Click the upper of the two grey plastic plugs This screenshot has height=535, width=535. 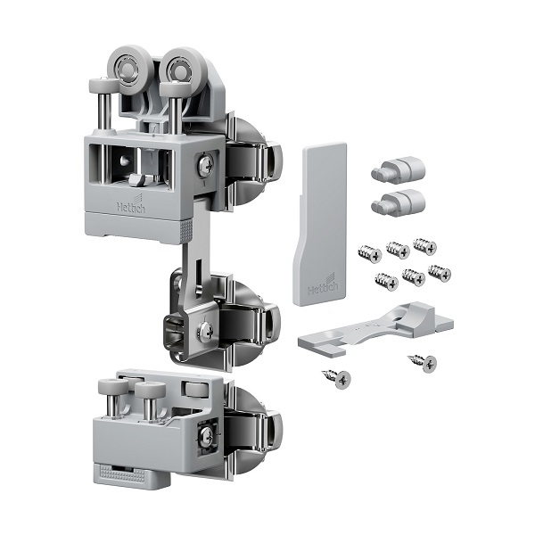pos(399,169)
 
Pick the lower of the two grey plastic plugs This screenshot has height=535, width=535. pos(399,202)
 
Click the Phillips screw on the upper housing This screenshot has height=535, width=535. pos(206,164)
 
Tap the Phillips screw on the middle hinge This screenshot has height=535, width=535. pos(206,330)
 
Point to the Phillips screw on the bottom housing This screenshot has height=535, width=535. pos(206,434)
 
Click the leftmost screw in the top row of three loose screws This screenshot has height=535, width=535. pos(370,254)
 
